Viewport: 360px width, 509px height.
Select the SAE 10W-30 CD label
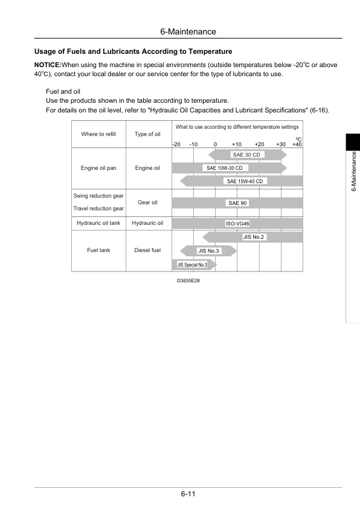click(x=223, y=168)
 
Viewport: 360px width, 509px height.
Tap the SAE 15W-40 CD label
click(x=246, y=181)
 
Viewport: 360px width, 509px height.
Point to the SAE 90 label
click(x=237, y=203)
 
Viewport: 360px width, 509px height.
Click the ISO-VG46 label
click(x=237, y=224)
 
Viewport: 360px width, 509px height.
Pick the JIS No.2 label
click(x=254, y=237)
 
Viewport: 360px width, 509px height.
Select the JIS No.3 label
click(x=209, y=250)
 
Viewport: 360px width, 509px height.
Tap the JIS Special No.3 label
click(x=192, y=264)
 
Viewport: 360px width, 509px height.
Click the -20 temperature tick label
click(x=176, y=144)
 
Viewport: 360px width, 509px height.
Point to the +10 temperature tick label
click(x=237, y=144)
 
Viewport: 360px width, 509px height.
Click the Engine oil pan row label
click(x=98, y=168)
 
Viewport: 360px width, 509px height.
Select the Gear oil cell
click(x=147, y=203)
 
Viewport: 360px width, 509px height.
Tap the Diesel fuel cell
click(x=147, y=250)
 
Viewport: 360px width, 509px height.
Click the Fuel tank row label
click(x=98, y=250)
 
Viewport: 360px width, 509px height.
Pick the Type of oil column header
click(x=147, y=134)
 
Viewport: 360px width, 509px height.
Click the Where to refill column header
click(x=98, y=134)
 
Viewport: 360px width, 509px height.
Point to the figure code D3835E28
click(x=188, y=280)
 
